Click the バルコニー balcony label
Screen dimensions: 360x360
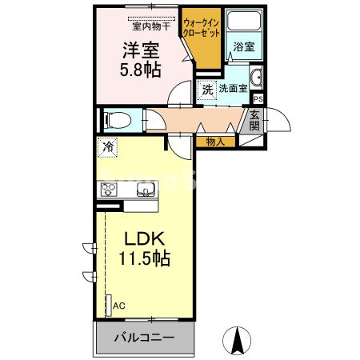click(x=144, y=337)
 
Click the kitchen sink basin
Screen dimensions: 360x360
click(x=146, y=190)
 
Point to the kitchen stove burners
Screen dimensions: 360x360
click(x=108, y=190)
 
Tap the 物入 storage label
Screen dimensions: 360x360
click(x=214, y=142)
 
